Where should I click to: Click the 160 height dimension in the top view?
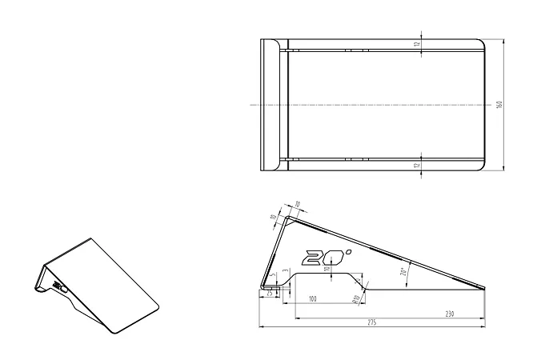pos(499,105)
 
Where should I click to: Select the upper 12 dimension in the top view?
pos(417,44)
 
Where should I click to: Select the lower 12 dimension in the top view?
pos(417,166)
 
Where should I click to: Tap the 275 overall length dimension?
pos(371,322)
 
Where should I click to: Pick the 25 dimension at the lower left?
pos(269,294)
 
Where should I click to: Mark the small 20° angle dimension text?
pos(403,271)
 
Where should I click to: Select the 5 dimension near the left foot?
pos(272,276)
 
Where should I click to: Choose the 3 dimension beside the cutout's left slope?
pos(285,273)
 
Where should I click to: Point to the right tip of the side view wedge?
pos(487,288)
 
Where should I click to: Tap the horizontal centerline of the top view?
pos(376,105)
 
